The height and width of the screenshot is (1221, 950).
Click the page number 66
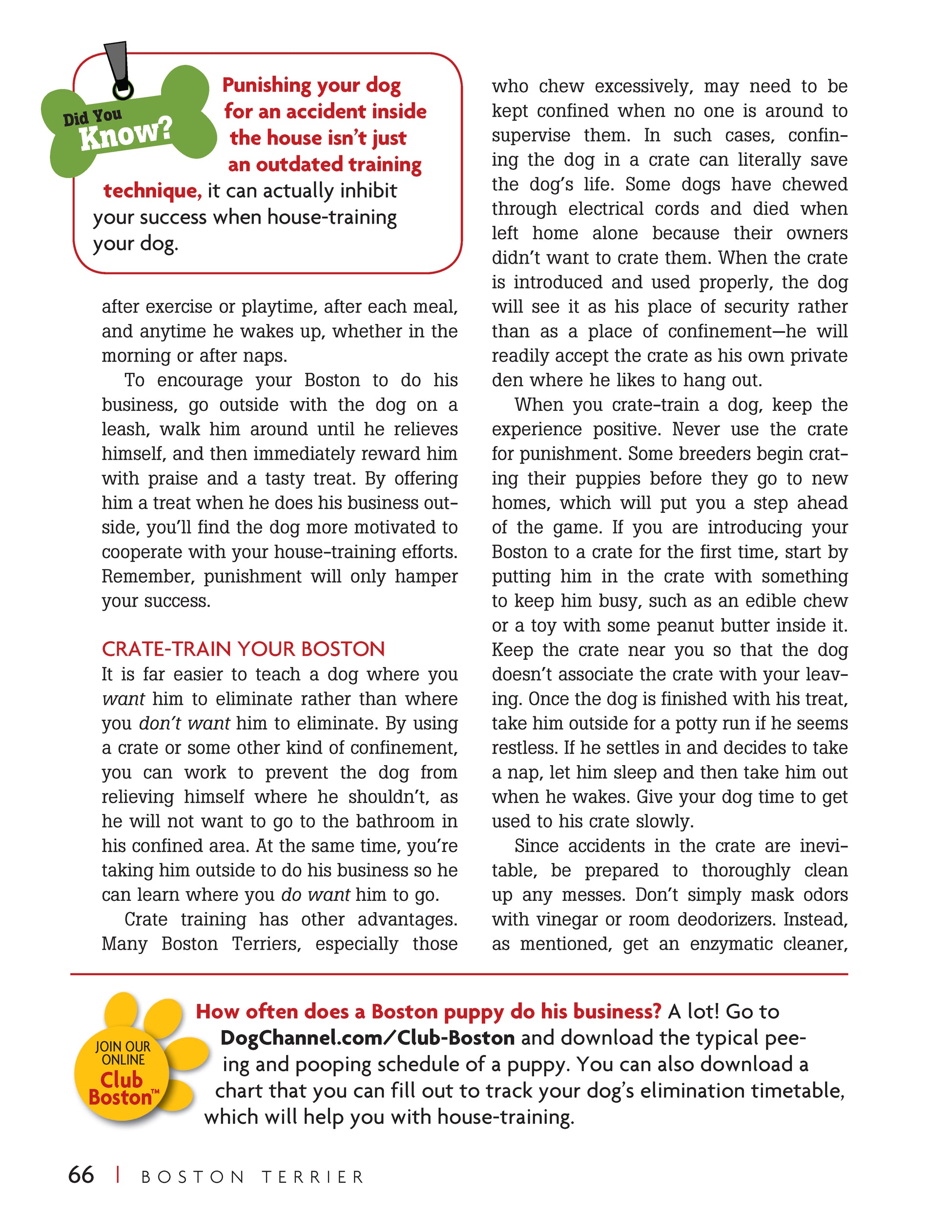(81, 1175)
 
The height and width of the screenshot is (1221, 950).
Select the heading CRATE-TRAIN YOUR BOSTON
(243, 649)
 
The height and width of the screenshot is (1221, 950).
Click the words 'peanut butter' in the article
(719, 626)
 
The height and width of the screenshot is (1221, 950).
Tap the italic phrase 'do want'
(315, 895)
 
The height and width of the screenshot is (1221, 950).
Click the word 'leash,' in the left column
(126, 429)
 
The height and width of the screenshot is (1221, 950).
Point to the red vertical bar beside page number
(118, 1175)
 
